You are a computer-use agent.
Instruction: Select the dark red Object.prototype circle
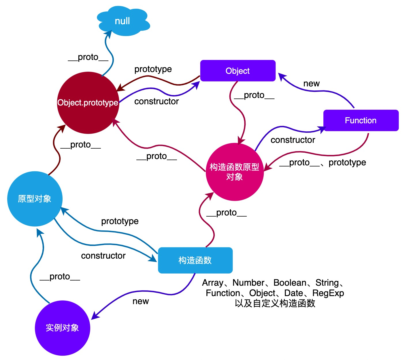88,103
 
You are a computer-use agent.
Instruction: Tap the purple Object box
238,71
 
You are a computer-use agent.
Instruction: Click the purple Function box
361,120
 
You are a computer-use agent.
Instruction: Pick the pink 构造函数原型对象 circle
235,172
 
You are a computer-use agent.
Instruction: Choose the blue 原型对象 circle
35,199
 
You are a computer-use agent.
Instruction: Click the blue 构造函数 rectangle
195,260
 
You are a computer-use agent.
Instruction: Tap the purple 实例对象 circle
62,328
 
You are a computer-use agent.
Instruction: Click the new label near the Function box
311,84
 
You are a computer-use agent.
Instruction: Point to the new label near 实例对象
141,301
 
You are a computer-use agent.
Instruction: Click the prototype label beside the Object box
153,69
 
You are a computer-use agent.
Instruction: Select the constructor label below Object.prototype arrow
157,101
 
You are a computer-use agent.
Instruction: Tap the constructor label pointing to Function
293,140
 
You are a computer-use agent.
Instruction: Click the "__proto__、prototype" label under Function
323,163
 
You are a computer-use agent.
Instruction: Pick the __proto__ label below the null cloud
88,57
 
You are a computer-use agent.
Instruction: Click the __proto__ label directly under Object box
254,95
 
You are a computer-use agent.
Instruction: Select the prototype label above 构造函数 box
120,221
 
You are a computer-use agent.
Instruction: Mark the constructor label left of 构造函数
103,256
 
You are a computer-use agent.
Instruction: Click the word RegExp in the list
328,293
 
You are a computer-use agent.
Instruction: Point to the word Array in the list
213,283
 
